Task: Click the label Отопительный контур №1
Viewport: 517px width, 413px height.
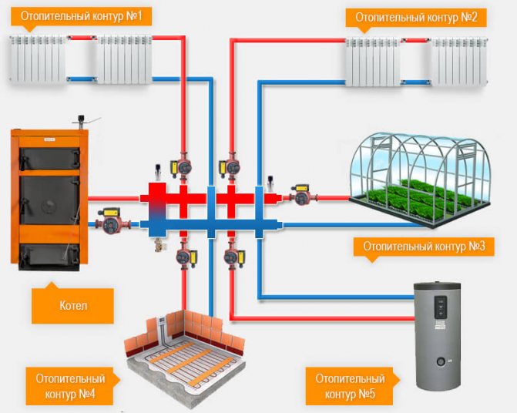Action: pos(81,15)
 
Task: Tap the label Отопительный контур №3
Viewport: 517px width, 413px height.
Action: pos(423,247)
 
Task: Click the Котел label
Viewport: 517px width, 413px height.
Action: pos(72,306)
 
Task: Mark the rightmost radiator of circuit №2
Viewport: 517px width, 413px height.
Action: pos(459,61)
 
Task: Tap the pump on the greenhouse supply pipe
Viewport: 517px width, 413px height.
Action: pos(300,196)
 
